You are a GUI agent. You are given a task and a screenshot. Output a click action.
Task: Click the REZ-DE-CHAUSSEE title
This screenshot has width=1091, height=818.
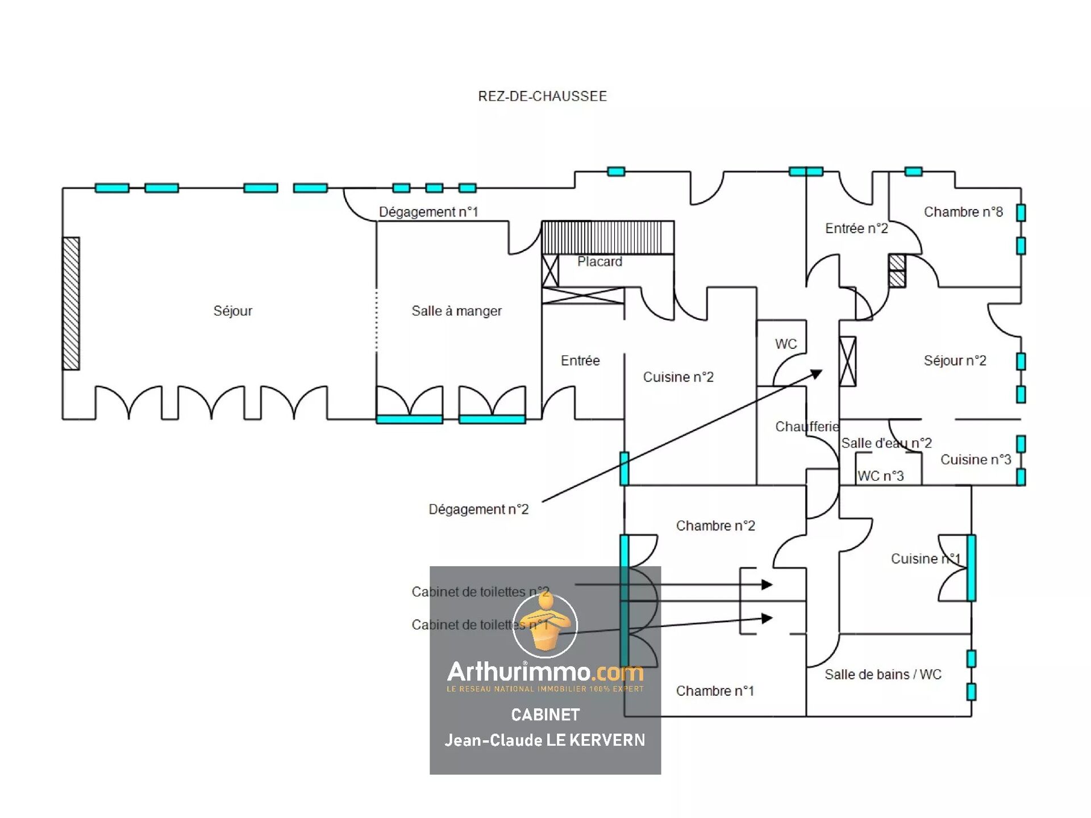click(x=542, y=96)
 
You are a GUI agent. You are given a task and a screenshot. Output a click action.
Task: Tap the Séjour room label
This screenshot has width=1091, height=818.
click(x=232, y=311)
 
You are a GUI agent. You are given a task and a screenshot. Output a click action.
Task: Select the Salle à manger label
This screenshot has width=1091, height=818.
click(x=456, y=311)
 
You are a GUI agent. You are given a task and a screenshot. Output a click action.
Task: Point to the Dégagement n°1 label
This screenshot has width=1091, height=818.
click(x=428, y=212)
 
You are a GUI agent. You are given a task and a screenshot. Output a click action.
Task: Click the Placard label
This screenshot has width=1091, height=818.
click(x=599, y=261)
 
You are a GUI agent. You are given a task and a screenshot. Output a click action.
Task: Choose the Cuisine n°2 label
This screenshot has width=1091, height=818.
click(x=678, y=377)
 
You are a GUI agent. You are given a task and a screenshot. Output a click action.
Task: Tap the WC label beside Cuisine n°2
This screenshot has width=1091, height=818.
click(x=786, y=344)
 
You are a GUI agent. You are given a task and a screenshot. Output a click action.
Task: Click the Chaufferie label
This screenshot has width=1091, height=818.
click(x=807, y=427)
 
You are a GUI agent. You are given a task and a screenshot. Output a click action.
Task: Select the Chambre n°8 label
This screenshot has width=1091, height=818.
click(x=963, y=212)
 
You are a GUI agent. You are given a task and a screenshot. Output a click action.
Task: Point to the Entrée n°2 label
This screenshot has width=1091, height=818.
click(x=856, y=228)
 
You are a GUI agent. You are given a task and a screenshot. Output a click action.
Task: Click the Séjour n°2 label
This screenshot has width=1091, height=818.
click(x=955, y=360)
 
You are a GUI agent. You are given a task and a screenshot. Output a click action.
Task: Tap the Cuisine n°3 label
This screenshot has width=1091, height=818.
click(x=976, y=460)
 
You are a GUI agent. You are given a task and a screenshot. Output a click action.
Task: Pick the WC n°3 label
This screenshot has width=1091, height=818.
click(x=880, y=476)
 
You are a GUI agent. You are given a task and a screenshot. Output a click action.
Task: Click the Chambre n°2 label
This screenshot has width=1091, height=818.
click(x=715, y=525)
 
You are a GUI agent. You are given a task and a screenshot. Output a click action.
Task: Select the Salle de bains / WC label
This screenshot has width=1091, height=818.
click(x=883, y=674)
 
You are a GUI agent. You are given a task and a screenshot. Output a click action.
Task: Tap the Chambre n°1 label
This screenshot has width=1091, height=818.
click(x=715, y=691)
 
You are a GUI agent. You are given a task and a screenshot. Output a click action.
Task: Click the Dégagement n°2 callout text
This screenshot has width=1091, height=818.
click(x=478, y=509)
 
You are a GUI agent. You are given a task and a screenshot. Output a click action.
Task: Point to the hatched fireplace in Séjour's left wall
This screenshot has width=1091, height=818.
click(x=71, y=303)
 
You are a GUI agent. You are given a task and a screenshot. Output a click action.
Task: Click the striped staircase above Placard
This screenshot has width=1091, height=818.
click(x=607, y=237)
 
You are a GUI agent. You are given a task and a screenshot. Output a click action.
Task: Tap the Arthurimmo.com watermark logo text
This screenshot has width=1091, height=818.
click(x=545, y=673)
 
